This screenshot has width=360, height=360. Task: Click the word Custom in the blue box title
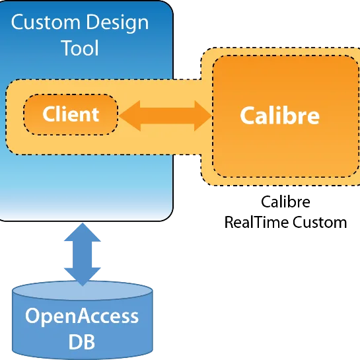tap(46, 22)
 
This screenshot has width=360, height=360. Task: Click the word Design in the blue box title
tap(118, 24)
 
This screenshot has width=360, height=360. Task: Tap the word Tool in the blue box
tap(80, 48)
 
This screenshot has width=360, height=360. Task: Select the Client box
tap(71, 114)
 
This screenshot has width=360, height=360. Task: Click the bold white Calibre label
tap(279, 116)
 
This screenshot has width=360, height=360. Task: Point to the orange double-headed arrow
tap(165, 116)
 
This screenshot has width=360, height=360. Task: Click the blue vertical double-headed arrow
tap(83, 254)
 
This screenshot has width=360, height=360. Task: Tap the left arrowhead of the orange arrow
tap(129, 116)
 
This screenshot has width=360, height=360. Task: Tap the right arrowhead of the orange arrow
tap(203, 116)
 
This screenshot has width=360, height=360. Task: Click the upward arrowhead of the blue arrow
tap(83, 232)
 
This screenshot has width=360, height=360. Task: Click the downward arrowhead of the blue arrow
tap(83, 277)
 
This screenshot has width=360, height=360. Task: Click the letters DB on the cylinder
tap(82, 342)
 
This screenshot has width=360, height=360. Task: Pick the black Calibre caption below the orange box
tap(285, 202)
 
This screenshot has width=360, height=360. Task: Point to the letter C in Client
tap(49, 114)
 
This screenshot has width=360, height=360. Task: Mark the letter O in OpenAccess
tap(34, 316)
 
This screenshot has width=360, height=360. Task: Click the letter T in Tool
tap(67, 48)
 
